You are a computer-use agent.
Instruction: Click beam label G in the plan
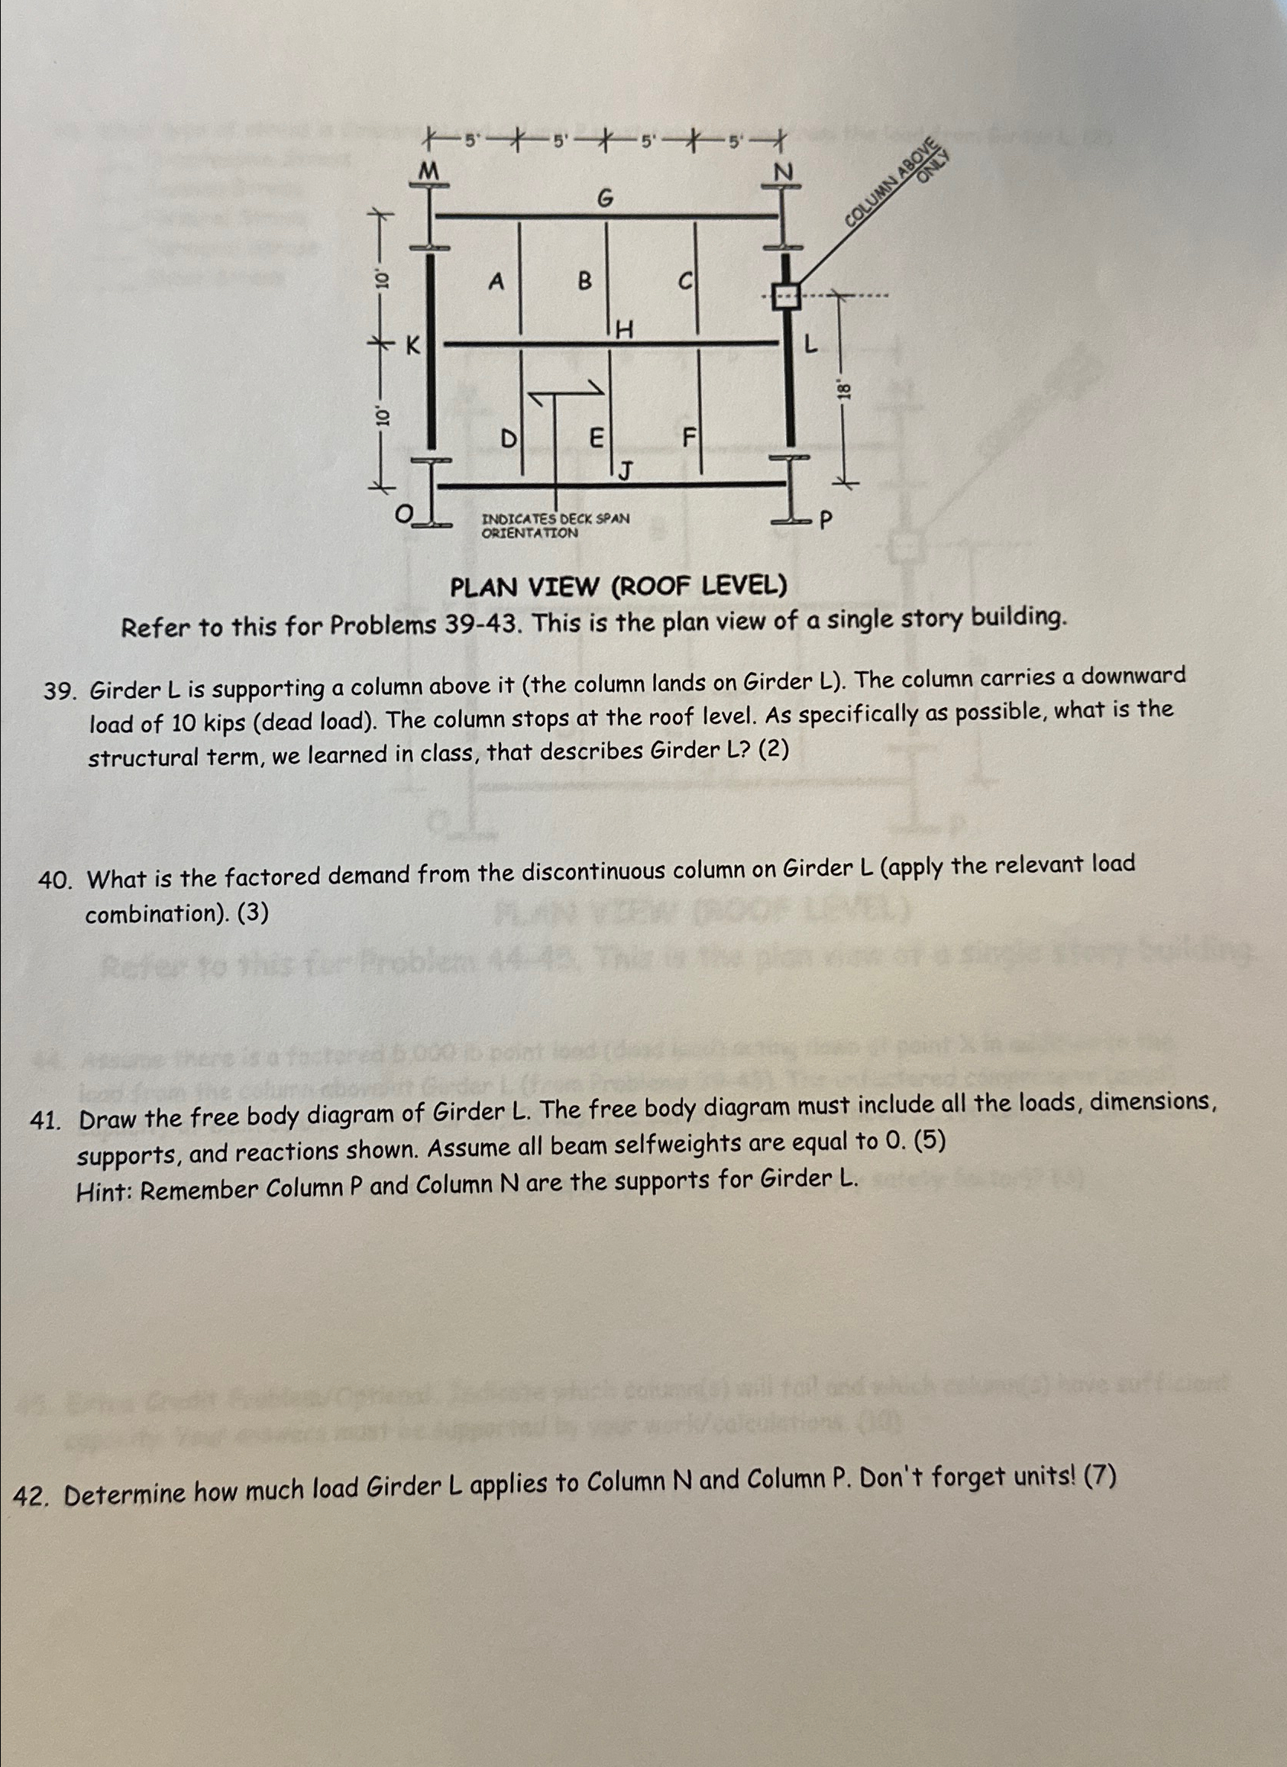[606, 200]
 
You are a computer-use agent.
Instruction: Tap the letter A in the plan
[496, 282]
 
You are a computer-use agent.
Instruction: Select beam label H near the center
[624, 331]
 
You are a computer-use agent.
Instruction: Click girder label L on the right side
[811, 344]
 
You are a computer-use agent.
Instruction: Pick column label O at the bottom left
[404, 514]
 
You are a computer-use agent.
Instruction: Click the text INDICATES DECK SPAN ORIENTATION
[555, 526]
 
